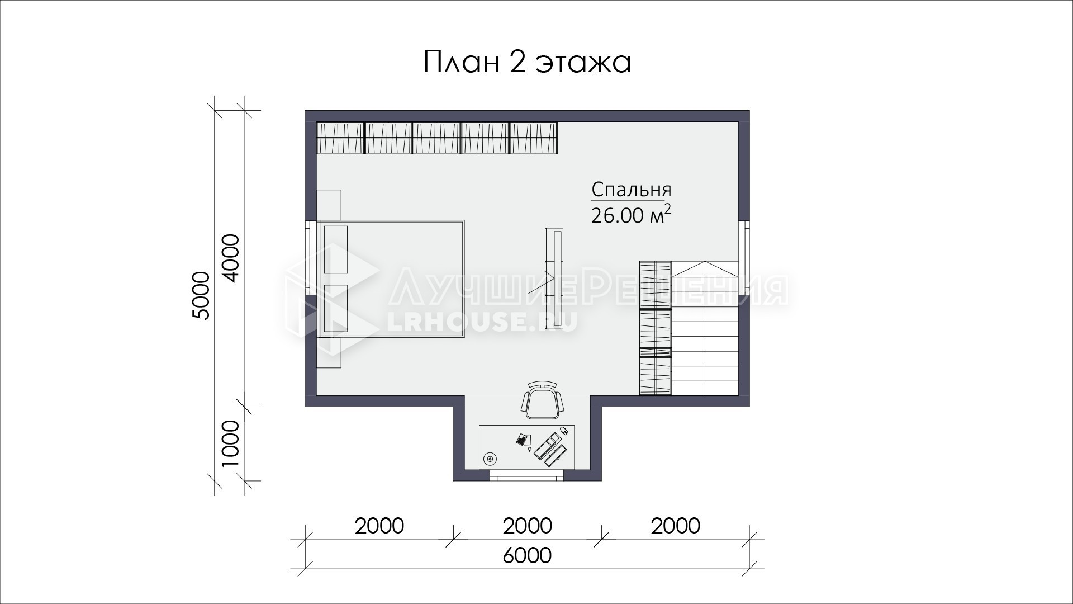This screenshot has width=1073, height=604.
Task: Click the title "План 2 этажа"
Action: [527, 62]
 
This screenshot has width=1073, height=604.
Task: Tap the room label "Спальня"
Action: [631, 190]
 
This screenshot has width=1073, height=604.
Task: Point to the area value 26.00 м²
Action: [631, 215]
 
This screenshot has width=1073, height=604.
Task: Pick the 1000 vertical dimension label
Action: [230, 444]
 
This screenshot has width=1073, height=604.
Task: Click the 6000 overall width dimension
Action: [527, 555]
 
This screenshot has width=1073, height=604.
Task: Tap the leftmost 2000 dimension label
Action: [379, 526]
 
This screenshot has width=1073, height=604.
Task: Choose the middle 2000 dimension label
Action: [527, 526]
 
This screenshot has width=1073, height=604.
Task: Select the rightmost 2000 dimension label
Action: [676, 526]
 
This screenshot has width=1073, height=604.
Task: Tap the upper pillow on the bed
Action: [336, 249]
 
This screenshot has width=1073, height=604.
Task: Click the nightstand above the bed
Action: [329, 205]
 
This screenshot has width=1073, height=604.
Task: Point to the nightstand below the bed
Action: [329, 352]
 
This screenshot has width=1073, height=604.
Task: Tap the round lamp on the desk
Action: [490, 459]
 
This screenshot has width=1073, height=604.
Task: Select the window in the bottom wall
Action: [527, 476]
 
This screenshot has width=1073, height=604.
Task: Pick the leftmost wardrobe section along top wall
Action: [340, 138]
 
